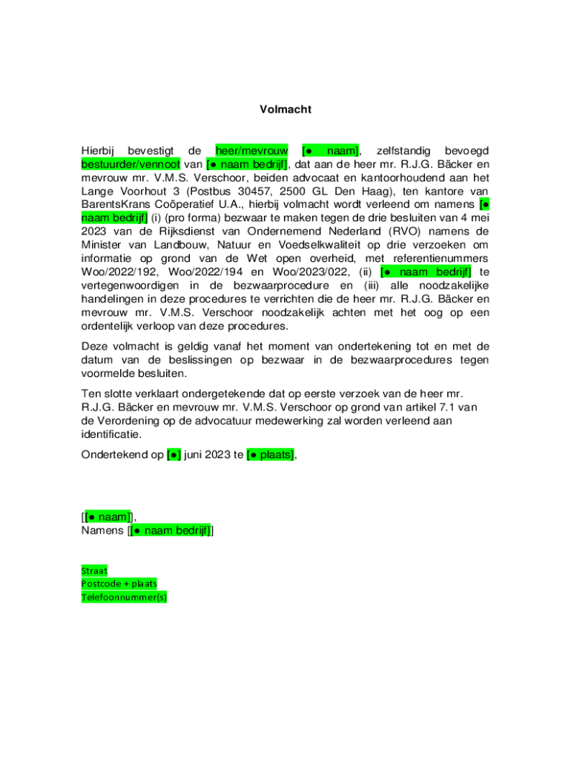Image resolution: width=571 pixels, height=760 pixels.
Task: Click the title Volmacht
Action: tap(285, 109)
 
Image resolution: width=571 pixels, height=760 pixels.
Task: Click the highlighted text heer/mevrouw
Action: tap(251, 151)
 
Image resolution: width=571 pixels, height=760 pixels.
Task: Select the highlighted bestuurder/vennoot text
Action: tap(131, 164)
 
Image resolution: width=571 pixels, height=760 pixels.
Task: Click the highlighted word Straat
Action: tap(94, 571)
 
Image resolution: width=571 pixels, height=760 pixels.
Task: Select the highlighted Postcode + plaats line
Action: tap(119, 584)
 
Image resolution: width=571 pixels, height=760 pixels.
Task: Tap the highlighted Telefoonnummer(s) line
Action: tap(124, 597)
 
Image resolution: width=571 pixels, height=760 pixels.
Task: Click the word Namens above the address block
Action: tap(102, 531)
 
